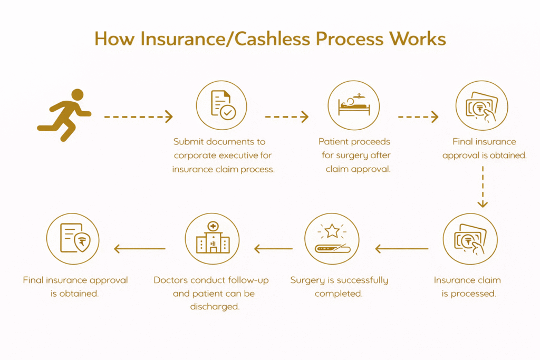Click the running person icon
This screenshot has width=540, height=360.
(x=64, y=115)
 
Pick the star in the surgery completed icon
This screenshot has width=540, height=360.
(x=332, y=232)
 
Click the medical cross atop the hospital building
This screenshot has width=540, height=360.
(x=213, y=227)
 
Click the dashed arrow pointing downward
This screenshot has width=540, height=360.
(x=483, y=187)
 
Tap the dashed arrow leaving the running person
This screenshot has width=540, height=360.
(x=138, y=116)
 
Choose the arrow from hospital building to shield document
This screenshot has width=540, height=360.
(x=140, y=248)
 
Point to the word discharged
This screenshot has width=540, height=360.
(x=215, y=307)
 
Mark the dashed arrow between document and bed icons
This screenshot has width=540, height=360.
(x=286, y=116)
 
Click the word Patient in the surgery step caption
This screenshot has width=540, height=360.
(x=335, y=142)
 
